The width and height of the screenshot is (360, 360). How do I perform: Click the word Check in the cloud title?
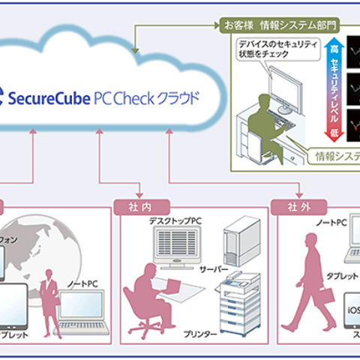tap(146, 97)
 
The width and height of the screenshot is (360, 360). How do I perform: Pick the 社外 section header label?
tap(299, 205)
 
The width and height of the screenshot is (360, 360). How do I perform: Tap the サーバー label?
tap(214, 268)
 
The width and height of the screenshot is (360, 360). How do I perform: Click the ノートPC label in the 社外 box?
tap(331, 223)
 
